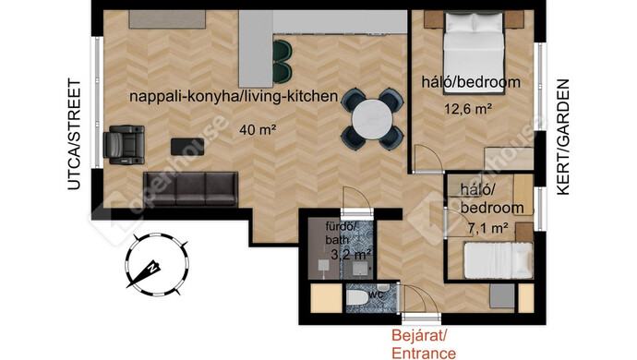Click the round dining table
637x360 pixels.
pos(372,119)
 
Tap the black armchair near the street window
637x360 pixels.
pos(125,145)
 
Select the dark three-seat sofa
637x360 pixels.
pos(190,188)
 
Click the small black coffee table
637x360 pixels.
pos(187,147)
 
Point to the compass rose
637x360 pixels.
pos(157,265)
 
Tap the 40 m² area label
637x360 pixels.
pos(258,130)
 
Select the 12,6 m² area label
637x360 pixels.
pos(468,109)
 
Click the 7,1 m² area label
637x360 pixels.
pos(488,228)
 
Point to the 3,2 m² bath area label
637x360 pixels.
pos(352,255)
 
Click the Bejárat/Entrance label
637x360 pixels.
pos(424,343)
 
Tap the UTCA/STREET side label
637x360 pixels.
pos(75,135)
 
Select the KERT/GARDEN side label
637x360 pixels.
pos(562,138)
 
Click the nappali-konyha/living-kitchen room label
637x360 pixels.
pos(234,96)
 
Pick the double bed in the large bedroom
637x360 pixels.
pos(474,53)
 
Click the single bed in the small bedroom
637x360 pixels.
pos(499,260)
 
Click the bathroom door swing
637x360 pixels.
pos(355,200)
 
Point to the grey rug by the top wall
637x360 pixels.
pos(167,19)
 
